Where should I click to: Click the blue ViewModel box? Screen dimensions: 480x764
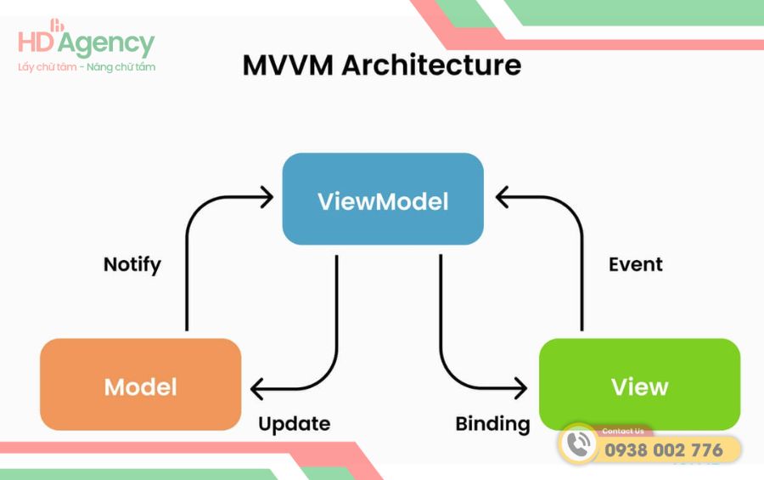pyautogui.click(x=383, y=199)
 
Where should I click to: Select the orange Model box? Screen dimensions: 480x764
pyautogui.click(x=140, y=384)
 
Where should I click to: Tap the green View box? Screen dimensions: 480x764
pyautogui.click(x=639, y=384)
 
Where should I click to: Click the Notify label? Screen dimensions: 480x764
pyautogui.click(x=132, y=264)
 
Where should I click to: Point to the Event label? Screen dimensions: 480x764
pyautogui.click(x=635, y=264)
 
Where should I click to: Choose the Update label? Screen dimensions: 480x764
pyautogui.click(x=294, y=423)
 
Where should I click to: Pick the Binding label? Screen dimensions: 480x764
pyautogui.click(x=492, y=423)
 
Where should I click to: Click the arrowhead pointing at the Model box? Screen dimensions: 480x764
pyautogui.click(x=257, y=390)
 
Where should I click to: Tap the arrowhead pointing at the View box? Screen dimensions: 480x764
pyautogui.click(x=520, y=390)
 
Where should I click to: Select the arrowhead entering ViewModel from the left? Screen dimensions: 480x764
pyautogui.click(x=267, y=199)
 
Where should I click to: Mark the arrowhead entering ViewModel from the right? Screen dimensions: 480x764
pyautogui.click(x=501, y=199)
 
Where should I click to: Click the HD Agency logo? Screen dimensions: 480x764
pyautogui.click(x=86, y=42)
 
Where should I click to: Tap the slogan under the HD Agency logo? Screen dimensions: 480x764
pyautogui.click(x=87, y=67)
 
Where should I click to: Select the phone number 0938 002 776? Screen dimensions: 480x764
pyautogui.click(x=663, y=449)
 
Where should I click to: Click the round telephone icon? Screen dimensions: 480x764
pyautogui.click(x=580, y=445)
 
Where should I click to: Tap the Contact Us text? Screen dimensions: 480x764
pyautogui.click(x=622, y=431)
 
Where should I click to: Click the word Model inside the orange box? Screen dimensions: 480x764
pyautogui.click(x=140, y=387)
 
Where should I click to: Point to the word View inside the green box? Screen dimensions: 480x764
pyautogui.click(x=639, y=387)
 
